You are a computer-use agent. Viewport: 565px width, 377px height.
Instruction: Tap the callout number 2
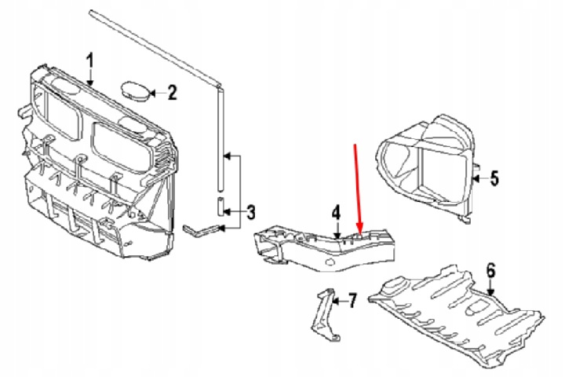pyautogui.click(x=172, y=93)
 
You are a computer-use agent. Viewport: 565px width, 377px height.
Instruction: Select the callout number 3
pyautogui.click(x=250, y=212)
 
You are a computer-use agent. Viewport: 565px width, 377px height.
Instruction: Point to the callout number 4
pyautogui.click(x=336, y=213)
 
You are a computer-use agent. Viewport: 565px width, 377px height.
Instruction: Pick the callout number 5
pyautogui.click(x=494, y=178)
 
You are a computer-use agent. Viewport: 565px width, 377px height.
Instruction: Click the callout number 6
pyautogui.click(x=490, y=270)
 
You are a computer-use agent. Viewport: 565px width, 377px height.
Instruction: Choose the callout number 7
pyautogui.click(x=352, y=300)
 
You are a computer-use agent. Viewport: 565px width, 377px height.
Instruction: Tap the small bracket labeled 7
pyautogui.click(x=326, y=315)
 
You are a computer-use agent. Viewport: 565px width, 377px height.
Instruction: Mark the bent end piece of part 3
pyautogui.click(x=201, y=230)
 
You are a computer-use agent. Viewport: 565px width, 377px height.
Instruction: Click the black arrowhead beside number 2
pyautogui.click(x=152, y=93)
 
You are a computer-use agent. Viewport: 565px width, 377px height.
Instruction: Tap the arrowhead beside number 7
pyautogui.click(x=336, y=300)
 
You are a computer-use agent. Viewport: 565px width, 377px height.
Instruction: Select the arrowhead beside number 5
pyautogui.click(x=476, y=178)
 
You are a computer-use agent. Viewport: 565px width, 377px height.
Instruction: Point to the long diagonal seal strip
pyautogui.click(x=155, y=48)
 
